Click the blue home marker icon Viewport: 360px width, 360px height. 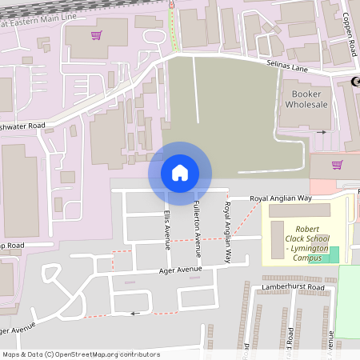tap(179, 173)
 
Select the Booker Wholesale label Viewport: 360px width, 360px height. tap(305, 98)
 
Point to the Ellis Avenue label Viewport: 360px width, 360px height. tap(166, 230)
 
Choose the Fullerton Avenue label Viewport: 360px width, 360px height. tap(197, 228)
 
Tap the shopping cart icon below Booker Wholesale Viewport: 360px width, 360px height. tap(337, 164)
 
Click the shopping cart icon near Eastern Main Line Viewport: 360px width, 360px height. tap(97, 34)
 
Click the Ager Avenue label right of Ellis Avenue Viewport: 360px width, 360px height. tap(180, 270)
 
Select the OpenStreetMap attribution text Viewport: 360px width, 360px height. tap(81, 354)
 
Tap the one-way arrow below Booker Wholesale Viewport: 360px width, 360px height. tap(322, 132)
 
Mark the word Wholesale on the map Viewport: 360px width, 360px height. tap(305, 104)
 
